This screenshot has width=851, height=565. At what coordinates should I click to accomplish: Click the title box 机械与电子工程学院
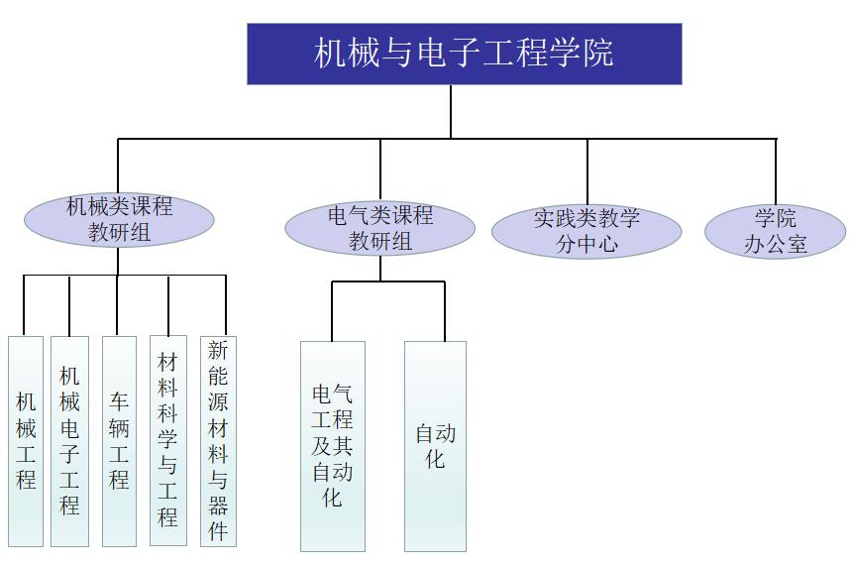point(464,54)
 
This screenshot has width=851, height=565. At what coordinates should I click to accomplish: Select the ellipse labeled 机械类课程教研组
point(119,220)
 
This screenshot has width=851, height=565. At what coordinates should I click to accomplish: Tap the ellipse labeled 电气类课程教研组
point(379,228)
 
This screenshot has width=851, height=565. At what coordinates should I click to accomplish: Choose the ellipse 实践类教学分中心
point(586,232)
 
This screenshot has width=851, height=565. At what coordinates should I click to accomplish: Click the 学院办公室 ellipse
point(775,232)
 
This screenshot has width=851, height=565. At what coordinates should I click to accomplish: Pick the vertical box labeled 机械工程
point(26,441)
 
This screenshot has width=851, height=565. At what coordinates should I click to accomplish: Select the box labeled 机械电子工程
point(69,441)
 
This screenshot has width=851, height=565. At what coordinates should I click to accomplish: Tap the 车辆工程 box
point(119,441)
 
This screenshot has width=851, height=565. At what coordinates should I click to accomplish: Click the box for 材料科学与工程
point(168,440)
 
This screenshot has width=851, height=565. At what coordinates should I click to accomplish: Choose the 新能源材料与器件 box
point(218,440)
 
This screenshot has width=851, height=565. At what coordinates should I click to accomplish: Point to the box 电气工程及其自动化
point(333,446)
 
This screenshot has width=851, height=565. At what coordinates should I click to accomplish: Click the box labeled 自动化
point(435,446)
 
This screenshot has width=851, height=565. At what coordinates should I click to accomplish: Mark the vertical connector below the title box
point(451,111)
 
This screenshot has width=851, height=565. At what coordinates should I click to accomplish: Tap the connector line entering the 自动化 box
point(444,311)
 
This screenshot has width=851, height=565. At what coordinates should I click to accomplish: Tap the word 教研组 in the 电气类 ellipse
point(379,241)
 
